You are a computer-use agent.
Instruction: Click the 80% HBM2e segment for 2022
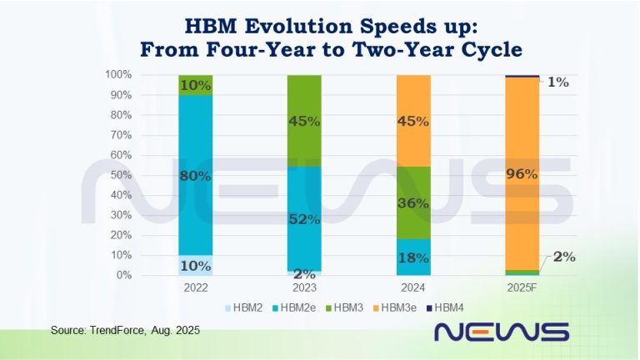coord(195,176)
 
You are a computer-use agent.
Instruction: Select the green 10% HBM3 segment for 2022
coord(195,85)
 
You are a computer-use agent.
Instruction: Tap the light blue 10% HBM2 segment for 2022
coord(195,265)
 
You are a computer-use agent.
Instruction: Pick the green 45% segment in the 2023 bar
coord(304,120)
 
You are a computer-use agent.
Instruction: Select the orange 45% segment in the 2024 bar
coord(412,120)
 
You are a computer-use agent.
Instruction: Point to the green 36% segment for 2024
coord(412,202)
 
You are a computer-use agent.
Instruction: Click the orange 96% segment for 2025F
coord(522,173)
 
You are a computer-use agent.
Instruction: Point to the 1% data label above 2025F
coord(557,82)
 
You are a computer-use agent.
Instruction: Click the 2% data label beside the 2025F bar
coord(564,257)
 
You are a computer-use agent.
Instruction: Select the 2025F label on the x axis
coord(522,286)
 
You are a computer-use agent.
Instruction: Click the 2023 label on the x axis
coord(304,286)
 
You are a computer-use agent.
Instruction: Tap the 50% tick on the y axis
coord(120,175)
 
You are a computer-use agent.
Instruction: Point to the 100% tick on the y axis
coord(117,75)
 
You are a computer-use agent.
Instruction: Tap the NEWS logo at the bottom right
coord(502,332)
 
